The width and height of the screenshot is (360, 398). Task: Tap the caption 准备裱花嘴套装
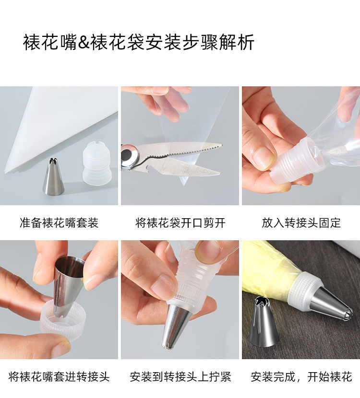(59, 222)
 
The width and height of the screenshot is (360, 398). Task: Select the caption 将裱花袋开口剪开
(180, 222)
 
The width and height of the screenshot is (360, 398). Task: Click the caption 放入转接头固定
(301, 222)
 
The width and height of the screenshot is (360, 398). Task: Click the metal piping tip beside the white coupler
(54, 177)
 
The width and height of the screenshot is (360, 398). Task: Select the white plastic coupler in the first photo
(97, 163)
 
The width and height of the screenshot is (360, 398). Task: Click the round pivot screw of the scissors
(128, 156)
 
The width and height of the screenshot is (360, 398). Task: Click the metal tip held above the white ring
(67, 283)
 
